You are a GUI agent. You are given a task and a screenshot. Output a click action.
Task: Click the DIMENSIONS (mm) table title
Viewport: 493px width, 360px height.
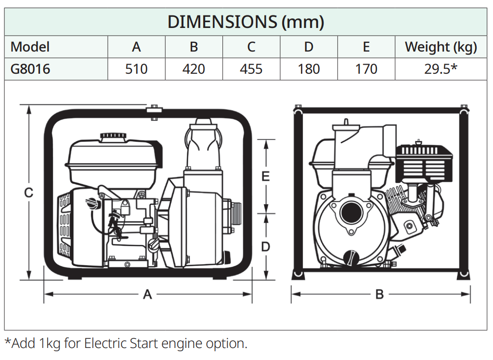click(x=246, y=22)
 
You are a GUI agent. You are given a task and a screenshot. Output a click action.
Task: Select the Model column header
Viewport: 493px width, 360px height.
click(x=30, y=47)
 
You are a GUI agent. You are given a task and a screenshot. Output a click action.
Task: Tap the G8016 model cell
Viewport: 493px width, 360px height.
click(x=30, y=69)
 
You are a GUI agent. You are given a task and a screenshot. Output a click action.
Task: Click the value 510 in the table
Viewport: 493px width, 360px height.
click(x=136, y=69)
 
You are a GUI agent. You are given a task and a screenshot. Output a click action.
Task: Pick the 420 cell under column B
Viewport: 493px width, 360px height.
click(x=194, y=69)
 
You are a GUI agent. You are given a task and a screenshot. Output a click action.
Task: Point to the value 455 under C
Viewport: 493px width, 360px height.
click(x=251, y=69)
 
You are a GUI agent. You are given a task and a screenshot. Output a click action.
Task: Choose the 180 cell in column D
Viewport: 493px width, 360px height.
click(x=309, y=69)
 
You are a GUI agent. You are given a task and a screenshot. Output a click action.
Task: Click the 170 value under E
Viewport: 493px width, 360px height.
click(x=366, y=69)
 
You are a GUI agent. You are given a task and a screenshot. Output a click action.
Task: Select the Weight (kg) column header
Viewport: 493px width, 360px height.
click(x=441, y=47)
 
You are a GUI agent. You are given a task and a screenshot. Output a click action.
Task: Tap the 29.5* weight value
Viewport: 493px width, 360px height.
click(x=441, y=69)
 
